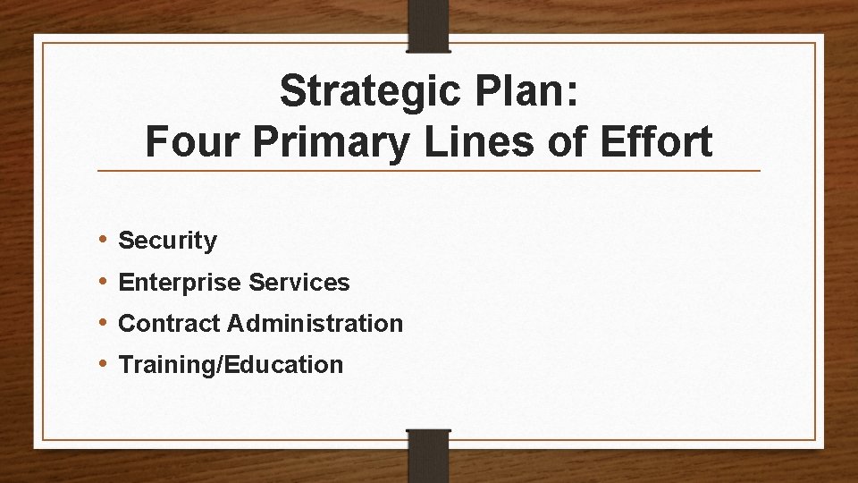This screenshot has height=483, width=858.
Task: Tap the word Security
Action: point(167,241)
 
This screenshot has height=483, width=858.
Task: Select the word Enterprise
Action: point(178,283)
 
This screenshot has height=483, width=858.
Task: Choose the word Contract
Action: point(169,323)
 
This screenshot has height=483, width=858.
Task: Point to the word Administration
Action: point(315,323)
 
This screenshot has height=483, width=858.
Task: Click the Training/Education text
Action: point(231,365)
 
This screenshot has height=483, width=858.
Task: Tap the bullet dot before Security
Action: point(104,240)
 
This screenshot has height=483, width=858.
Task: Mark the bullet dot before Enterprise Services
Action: point(104,282)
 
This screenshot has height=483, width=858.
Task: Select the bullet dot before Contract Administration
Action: point(104,322)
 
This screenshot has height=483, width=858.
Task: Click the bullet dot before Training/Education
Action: point(104,364)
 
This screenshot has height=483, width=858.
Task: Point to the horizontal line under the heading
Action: point(428,170)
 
